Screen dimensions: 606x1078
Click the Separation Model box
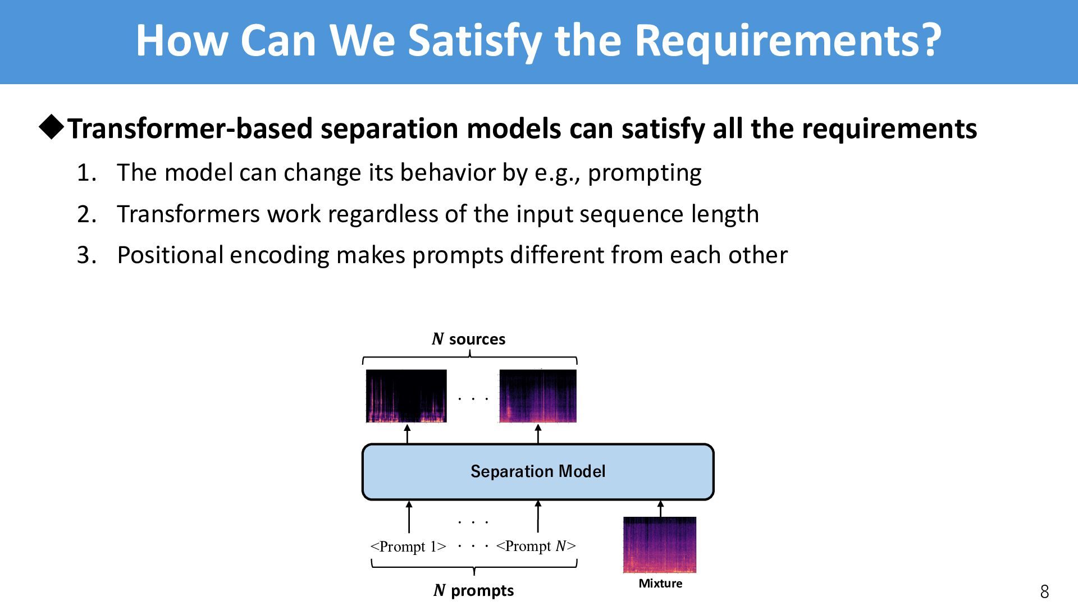click(538, 471)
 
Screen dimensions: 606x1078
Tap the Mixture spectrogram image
click(660, 545)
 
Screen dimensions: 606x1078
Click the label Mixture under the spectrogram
click(660, 584)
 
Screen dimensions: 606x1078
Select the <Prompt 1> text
click(408, 546)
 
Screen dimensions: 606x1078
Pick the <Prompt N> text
click(536, 546)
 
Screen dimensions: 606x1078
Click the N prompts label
click(474, 590)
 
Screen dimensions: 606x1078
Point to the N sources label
click(469, 339)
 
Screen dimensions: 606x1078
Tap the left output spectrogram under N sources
click(406, 396)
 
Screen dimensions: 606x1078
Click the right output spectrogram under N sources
click(538, 396)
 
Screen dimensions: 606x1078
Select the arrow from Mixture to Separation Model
click(660, 509)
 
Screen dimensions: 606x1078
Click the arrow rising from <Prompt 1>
click(409, 517)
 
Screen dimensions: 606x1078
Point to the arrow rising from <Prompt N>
click(538, 517)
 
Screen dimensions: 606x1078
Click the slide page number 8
click(1044, 591)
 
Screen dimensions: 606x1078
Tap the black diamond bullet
click(52, 128)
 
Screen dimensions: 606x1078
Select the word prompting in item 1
click(645, 173)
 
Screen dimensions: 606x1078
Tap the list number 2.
click(86, 214)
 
